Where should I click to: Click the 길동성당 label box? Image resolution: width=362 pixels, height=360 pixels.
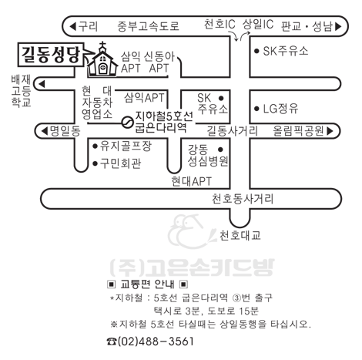pyautogui.click(x=51, y=55)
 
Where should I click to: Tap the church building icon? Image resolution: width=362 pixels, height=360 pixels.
pyautogui.click(x=102, y=61)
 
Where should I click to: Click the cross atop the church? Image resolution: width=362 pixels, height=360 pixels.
pyautogui.click(x=102, y=46)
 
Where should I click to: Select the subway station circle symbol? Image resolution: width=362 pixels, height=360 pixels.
pyautogui.click(x=127, y=123)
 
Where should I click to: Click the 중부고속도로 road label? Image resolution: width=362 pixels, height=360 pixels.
pyautogui.click(x=148, y=26)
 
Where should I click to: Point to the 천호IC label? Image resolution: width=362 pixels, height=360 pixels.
pyautogui.click(x=220, y=24)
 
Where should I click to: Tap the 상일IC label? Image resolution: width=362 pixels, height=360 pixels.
pyautogui.click(x=258, y=24)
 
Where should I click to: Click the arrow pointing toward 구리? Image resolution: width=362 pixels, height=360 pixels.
pyautogui.click(x=73, y=26)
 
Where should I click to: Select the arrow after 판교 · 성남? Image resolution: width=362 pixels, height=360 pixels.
pyautogui.click(x=339, y=26)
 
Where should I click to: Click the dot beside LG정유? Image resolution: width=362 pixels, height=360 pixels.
pyautogui.click(x=256, y=109)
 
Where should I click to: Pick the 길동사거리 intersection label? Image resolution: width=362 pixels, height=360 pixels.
pyautogui.click(x=233, y=131)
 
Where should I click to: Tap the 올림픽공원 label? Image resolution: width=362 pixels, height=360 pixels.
pyautogui.click(x=298, y=131)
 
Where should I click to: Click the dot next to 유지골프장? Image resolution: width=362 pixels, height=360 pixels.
pyautogui.click(x=95, y=146)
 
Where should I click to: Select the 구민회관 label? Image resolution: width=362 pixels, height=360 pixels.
pyautogui.click(x=120, y=163)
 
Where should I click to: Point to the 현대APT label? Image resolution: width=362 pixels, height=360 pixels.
pyautogui.click(x=192, y=181)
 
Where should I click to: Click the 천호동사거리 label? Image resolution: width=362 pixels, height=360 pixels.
pyautogui.click(x=243, y=199)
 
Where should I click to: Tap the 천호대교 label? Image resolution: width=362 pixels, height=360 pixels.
pyautogui.click(x=240, y=235)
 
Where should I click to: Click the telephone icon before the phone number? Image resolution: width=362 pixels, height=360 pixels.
pyautogui.click(x=112, y=341)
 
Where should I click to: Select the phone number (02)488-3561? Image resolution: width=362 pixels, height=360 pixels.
pyautogui.click(x=156, y=341)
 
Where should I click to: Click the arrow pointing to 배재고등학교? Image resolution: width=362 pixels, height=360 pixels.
pyautogui.click(x=42, y=84)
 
